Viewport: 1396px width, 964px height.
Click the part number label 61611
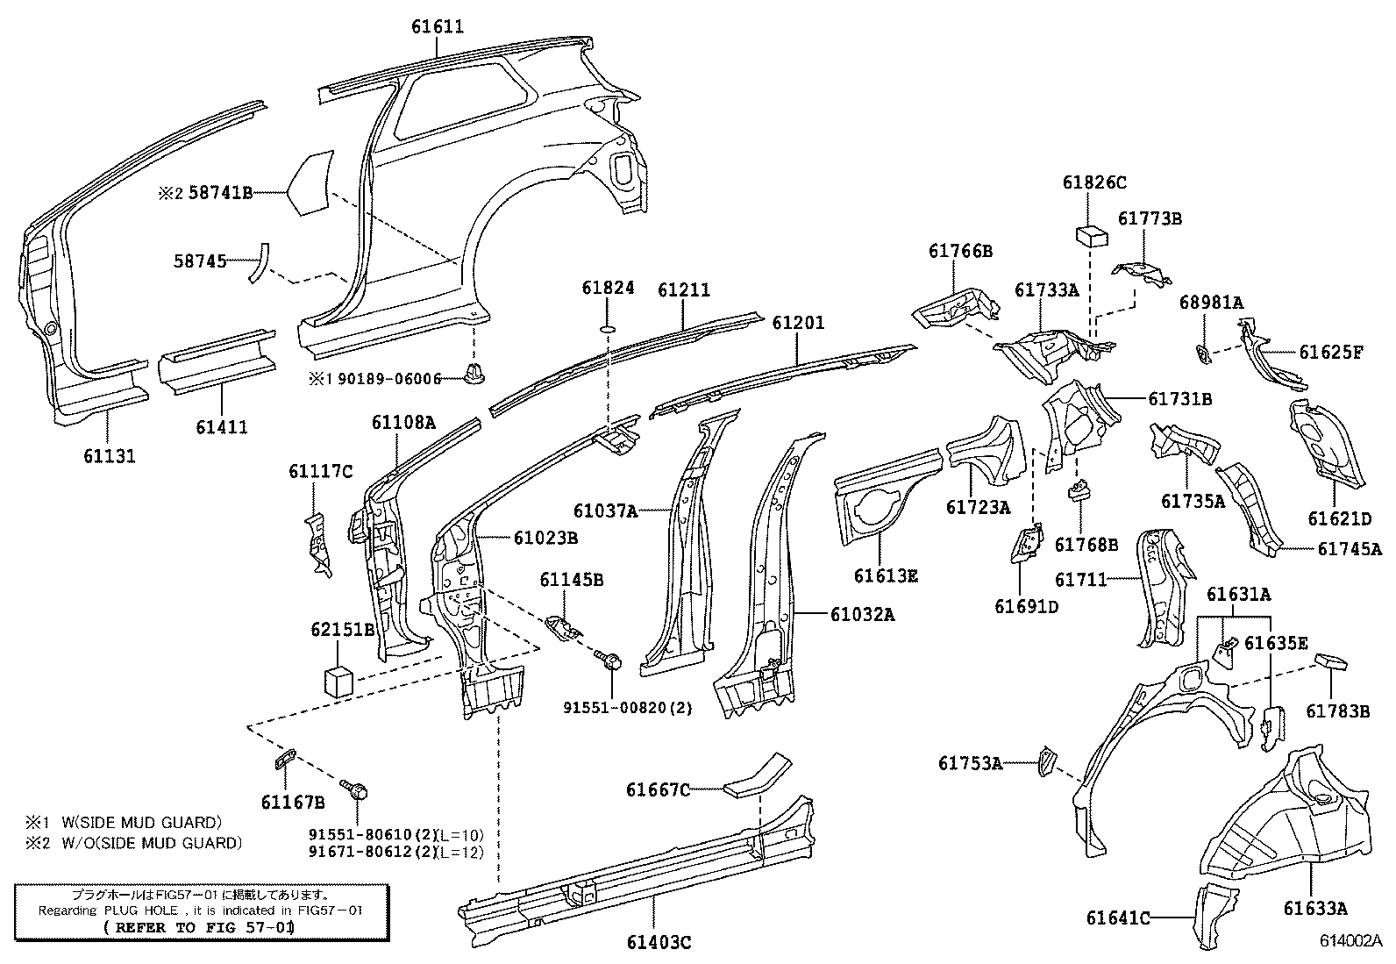(438, 27)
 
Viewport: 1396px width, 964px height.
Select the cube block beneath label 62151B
(338, 680)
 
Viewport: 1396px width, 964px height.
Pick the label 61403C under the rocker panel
(659, 943)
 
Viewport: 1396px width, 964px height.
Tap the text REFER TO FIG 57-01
(197, 926)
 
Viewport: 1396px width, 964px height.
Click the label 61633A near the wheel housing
(1315, 909)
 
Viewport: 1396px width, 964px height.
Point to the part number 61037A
(605, 511)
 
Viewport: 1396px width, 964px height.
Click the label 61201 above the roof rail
(798, 323)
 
